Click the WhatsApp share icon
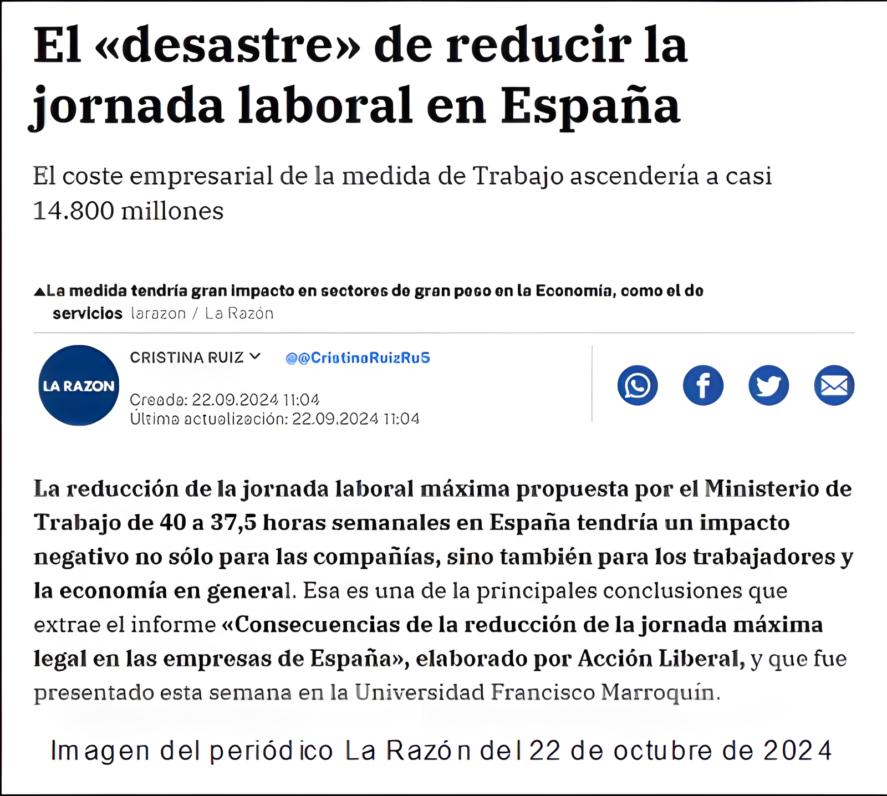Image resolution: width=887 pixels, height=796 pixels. pyautogui.click(x=638, y=385)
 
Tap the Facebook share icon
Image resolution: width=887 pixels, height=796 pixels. pyautogui.click(x=703, y=385)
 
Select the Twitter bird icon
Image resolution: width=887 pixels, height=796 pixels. pyautogui.click(x=768, y=385)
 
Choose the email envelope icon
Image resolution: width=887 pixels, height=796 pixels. pyautogui.click(x=834, y=385)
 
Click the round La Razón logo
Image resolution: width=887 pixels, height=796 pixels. pyautogui.click(x=79, y=386)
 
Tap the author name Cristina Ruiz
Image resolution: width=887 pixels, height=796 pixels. pyautogui.click(x=187, y=358)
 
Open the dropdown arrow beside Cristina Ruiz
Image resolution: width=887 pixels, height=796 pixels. pyautogui.click(x=255, y=356)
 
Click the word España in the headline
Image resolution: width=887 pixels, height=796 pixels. pyautogui.click(x=590, y=105)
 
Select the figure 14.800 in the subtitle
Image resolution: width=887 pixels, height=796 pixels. pyautogui.click(x=73, y=211)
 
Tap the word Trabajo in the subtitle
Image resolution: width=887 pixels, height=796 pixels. pyautogui.click(x=518, y=177)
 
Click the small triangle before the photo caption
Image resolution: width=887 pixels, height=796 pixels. pyautogui.click(x=39, y=292)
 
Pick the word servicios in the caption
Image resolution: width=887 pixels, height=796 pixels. pyautogui.click(x=88, y=314)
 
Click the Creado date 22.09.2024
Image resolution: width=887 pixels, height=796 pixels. pyautogui.click(x=235, y=400)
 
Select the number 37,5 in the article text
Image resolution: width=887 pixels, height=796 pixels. pyautogui.click(x=233, y=523)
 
